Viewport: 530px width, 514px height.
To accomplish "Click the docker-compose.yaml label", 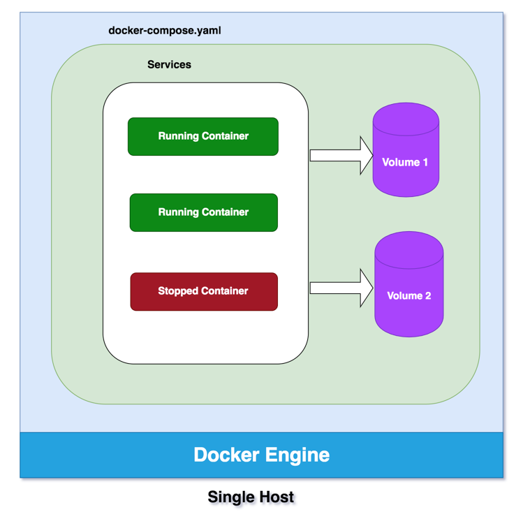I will click(x=165, y=31).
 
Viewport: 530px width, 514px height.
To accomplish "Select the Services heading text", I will click(x=169, y=64).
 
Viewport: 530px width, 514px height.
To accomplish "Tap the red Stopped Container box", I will click(x=204, y=291).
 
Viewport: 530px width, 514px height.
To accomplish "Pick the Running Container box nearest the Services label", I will click(x=203, y=136).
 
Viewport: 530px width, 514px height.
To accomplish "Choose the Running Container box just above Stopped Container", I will click(x=203, y=212).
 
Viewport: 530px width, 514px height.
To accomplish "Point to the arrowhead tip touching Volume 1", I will click(x=372, y=155).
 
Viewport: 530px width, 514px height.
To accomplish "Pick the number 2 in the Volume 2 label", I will click(x=428, y=295).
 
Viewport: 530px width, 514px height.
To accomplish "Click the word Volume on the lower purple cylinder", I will click(x=404, y=295).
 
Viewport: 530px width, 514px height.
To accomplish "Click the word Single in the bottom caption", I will click(x=230, y=497).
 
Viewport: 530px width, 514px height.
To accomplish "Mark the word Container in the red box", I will click(x=226, y=291).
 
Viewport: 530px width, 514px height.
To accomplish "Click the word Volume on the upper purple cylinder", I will click(x=400, y=162).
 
